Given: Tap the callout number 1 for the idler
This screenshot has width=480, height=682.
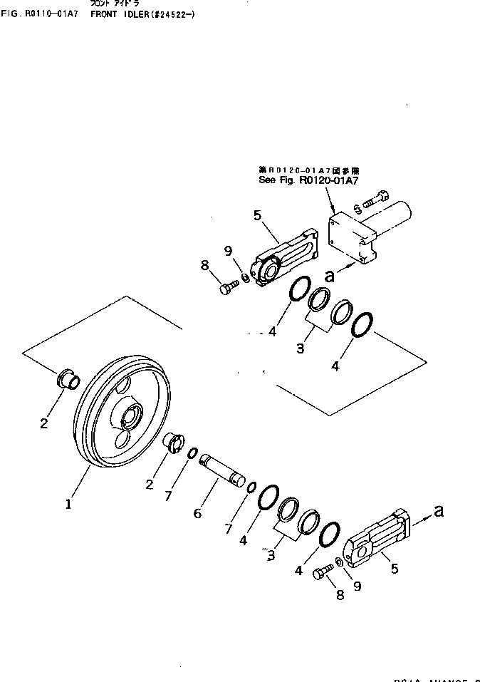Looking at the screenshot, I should [x=68, y=504].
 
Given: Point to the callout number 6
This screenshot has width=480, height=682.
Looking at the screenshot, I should [x=199, y=512].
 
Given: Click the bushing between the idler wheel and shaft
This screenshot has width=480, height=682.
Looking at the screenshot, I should [x=174, y=443].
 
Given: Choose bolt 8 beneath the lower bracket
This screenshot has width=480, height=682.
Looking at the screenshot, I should [x=320, y=572].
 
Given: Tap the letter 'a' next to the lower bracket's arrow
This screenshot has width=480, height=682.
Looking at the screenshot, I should [x=439, y=510].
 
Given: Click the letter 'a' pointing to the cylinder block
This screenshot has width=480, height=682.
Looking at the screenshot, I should [x=328, y=274].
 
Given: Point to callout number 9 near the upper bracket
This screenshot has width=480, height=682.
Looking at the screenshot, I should [x=228, y=250].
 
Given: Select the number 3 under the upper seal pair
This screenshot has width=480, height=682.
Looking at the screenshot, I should [x=301, y=348].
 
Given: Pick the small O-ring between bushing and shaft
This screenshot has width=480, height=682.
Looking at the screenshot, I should [x=192, y=453].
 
